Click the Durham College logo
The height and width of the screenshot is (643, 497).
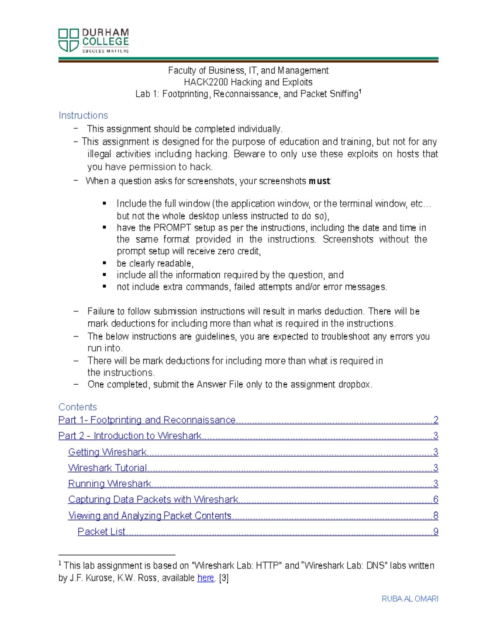(x=94, y=41)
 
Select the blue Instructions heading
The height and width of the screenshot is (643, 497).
(x=83, y=116)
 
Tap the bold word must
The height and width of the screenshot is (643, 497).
(x=319, y=181)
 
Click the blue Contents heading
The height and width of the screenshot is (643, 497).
(x=77, y=407)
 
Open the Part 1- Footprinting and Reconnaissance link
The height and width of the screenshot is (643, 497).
(x=147, y=420)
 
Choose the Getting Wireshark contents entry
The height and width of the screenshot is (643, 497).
(x=107, y=452)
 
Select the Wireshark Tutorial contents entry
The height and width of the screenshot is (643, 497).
(x=108, y=468)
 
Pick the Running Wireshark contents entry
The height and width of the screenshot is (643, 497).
(x=110, y=484)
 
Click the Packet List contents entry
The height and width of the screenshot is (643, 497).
(x=101, y=532)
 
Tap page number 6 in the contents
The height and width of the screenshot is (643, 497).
(x=435, y=500)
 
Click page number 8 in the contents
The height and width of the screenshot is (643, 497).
(x=435, y=515)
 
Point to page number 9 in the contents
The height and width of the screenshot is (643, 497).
(x=435, y=532)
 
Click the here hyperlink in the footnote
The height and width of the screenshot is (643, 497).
(x=205, y=578)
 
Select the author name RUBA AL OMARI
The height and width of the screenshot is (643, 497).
(x=410, y=599)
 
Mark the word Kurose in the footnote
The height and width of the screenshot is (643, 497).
(x=98, y=578)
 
